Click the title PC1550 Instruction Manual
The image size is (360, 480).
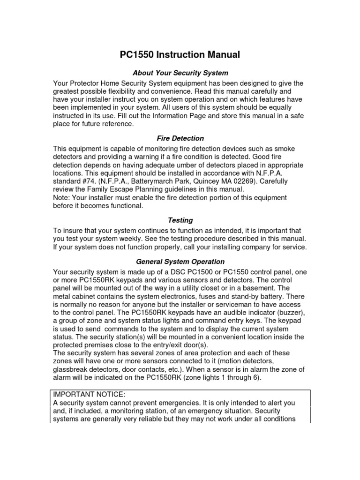(180, 55)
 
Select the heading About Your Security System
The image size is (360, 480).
(180, 73)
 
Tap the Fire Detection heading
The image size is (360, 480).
(180, 138)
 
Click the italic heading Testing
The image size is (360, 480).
(180, 220)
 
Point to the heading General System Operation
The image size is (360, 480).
(180, 262)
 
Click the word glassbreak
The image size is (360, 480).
(73, 370)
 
